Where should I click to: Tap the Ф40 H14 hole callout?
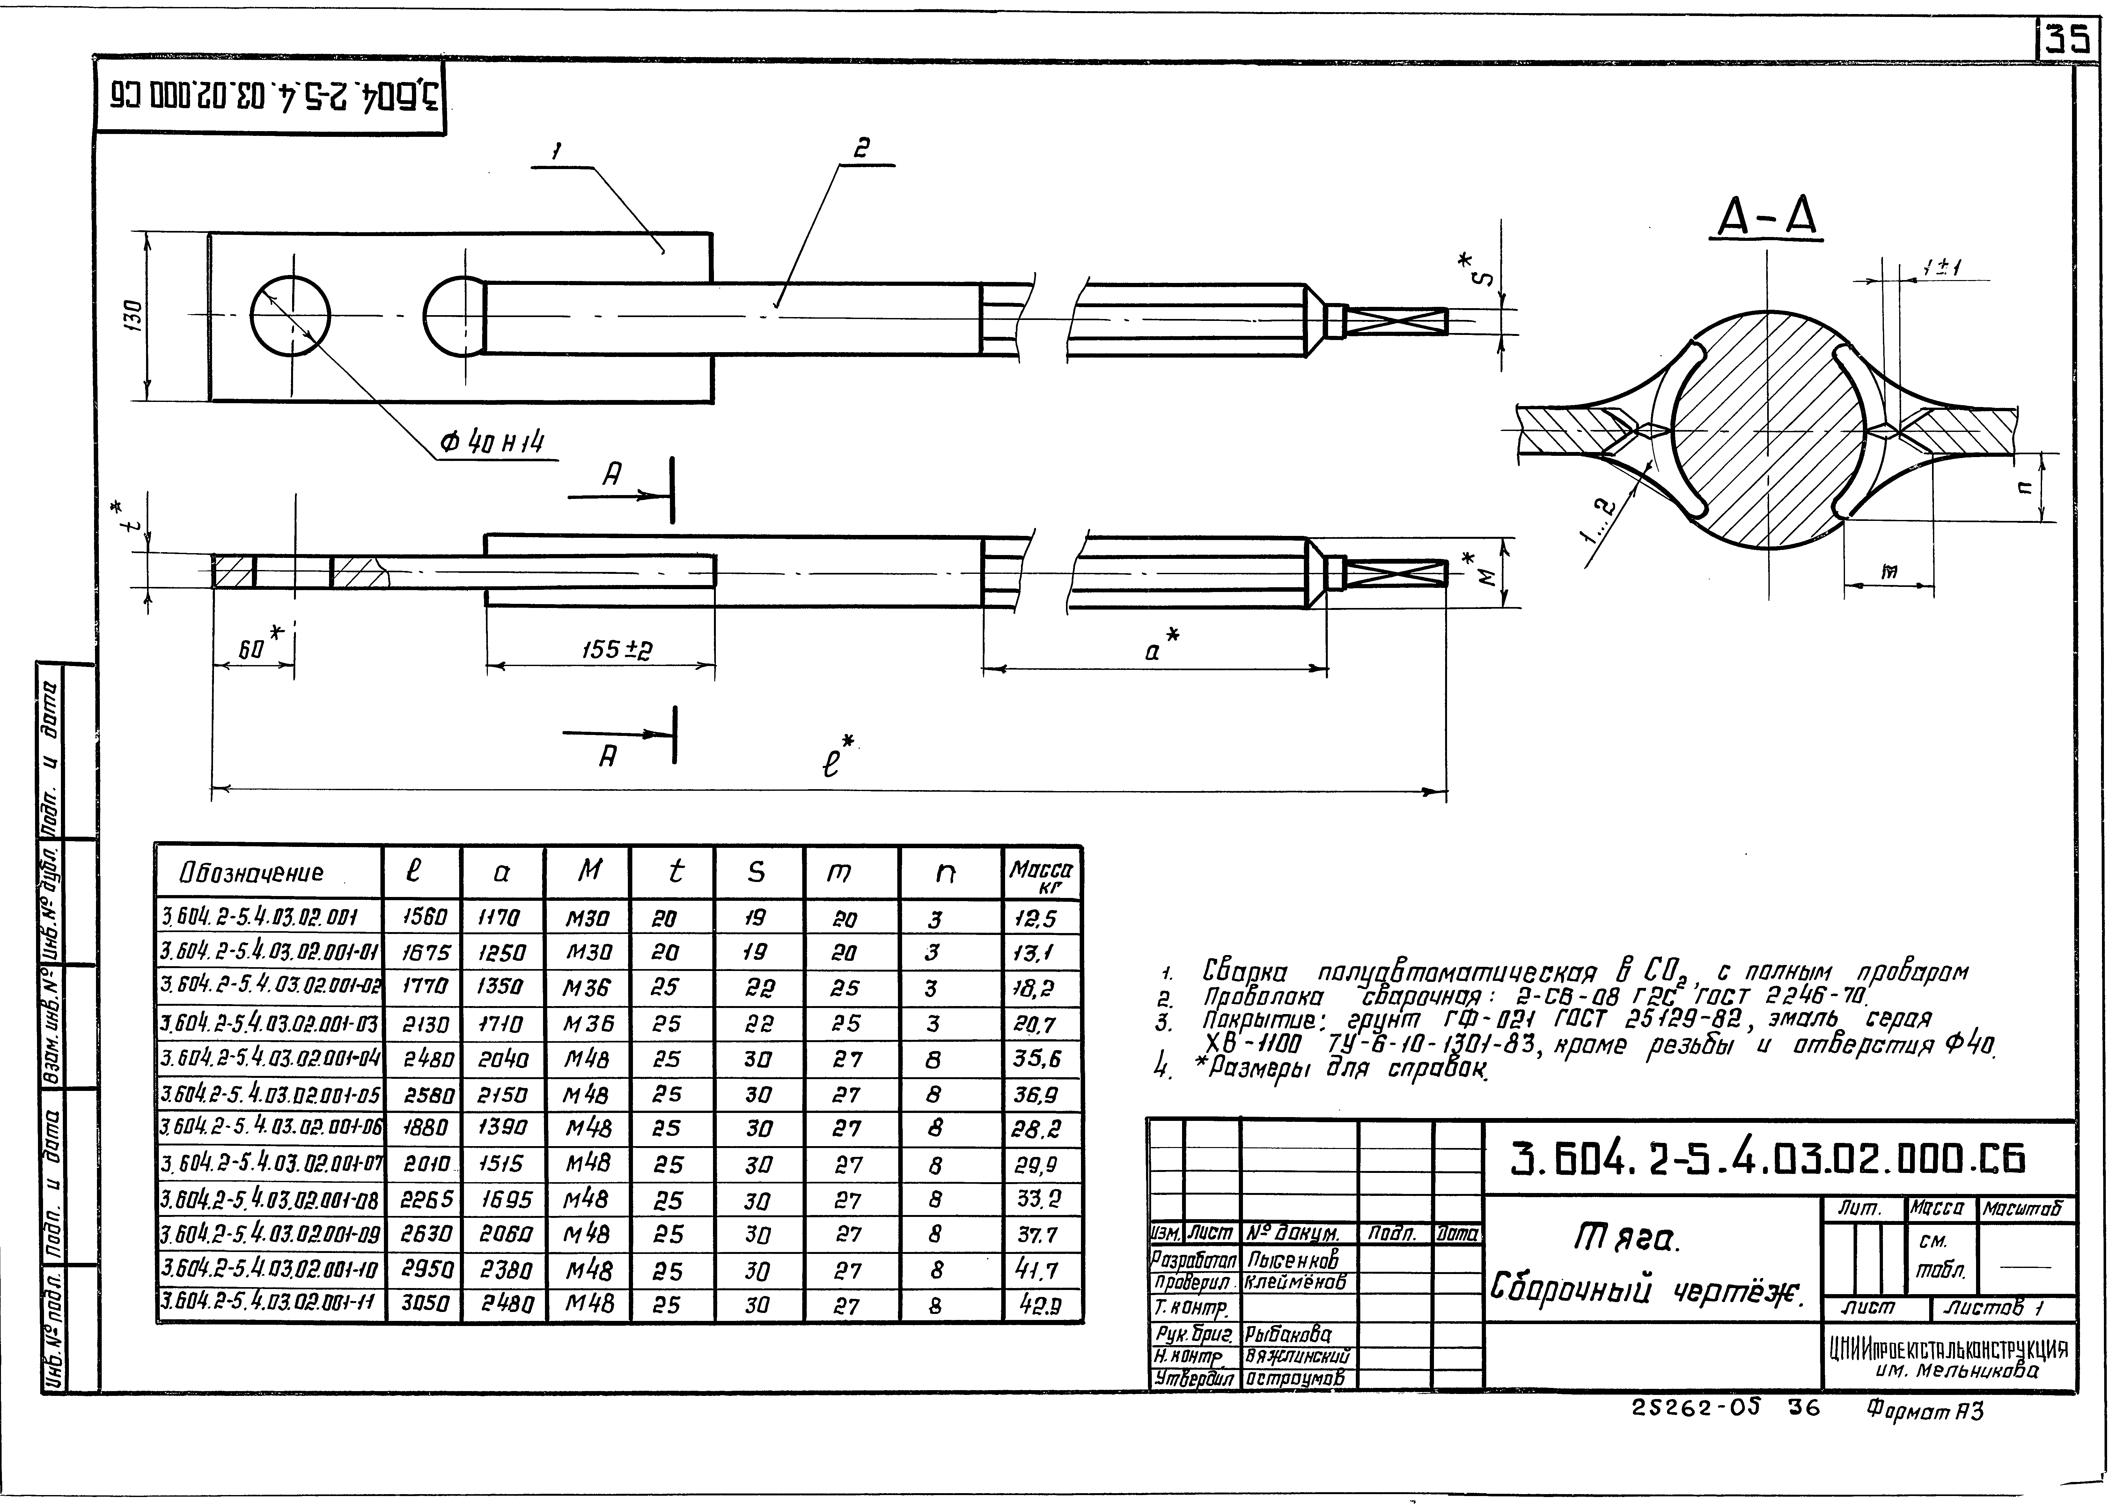click(491, 443)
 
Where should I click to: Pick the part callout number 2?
click(861, 148)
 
